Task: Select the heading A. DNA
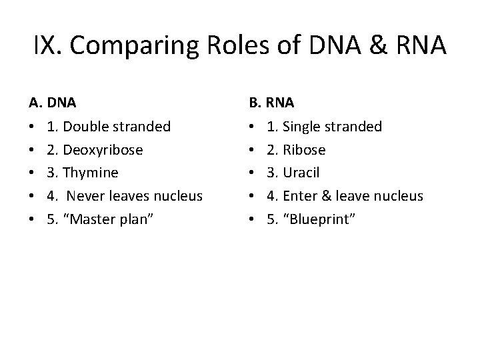pos(53,103)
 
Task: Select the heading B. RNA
pos(271,103)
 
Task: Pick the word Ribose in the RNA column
pos(304,150)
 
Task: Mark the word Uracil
pos(302,173)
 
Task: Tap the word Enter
pos(299,196)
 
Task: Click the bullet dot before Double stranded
pos(32,127)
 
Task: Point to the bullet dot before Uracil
pos(251,173)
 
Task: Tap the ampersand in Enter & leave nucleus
pos(327,196)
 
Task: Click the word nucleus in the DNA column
pos(179,196)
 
